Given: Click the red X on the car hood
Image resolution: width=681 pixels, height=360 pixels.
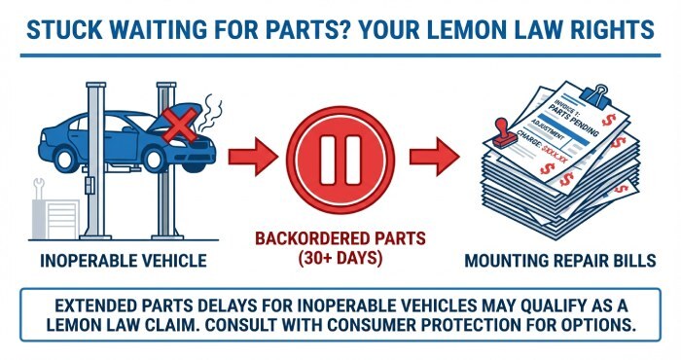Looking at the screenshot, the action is (179, 126).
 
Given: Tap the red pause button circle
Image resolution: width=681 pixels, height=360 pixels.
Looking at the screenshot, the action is (340, 160).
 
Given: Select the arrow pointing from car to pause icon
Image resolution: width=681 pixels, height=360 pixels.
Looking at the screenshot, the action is (253, 157).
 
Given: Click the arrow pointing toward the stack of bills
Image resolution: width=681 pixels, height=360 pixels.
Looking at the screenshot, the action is (434, 157).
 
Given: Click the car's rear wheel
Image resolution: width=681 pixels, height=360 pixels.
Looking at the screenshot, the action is (65, 159).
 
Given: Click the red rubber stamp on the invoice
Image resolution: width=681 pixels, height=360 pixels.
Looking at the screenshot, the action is (504, 134).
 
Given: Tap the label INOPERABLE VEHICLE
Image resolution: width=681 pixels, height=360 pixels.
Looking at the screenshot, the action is (124, 261).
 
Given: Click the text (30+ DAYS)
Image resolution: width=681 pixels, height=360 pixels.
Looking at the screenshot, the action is (340, 259).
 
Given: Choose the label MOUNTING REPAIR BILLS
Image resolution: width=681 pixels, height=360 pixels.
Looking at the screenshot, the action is (560, 261).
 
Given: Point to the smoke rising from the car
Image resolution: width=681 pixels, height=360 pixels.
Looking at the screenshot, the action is (211, 113).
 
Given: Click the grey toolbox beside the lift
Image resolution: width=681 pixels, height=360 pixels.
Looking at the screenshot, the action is (55, 219).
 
